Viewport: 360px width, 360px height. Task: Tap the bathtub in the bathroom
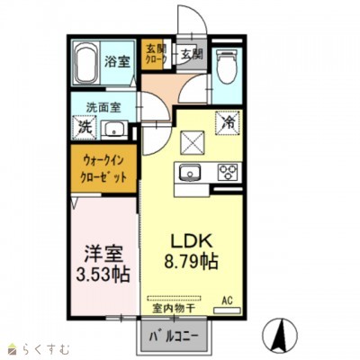(x=85, y=64)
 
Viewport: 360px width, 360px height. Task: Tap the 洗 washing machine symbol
(x=84, y=129)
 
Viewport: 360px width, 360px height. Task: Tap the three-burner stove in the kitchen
(x=226, y=174)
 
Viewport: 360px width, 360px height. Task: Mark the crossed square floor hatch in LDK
(x=192, y=140)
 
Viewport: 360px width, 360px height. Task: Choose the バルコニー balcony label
(x=168, y=338)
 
